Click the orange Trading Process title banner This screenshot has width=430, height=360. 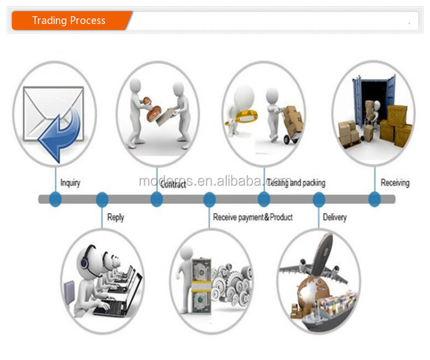coord(69,21)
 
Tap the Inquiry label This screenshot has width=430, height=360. coord(70,183)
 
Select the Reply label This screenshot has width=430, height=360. coord(115,217)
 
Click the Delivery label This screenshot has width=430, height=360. coord(335,217)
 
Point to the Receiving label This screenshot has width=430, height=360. coord(395,183)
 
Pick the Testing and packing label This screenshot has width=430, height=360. coord(295,183)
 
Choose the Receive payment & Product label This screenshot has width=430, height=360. coord(252,217)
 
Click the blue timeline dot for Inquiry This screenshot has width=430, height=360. coord(55,199)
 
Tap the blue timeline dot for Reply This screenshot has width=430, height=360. coord(102,199)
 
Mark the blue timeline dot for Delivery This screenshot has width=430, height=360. coord(318,199)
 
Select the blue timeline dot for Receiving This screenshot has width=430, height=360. coord(374,199)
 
